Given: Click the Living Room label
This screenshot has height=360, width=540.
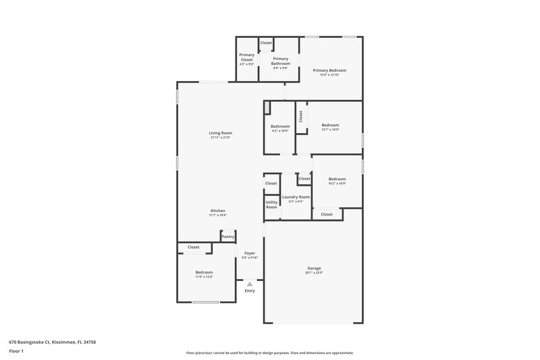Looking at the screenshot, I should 220,133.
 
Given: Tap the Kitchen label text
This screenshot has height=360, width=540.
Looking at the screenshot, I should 217,211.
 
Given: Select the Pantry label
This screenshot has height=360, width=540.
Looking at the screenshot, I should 228,236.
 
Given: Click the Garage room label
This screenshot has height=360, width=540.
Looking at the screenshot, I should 314,268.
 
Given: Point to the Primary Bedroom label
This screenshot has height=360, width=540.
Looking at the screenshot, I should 329,70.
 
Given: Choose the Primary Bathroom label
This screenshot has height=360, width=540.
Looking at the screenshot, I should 280,61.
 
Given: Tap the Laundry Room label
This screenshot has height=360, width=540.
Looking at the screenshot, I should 296,197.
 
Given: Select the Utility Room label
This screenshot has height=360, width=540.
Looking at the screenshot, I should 271,205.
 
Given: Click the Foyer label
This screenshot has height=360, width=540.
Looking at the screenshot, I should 250,253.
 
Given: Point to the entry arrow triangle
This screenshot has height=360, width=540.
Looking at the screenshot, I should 250,284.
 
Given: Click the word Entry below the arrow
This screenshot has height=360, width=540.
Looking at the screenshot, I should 250,290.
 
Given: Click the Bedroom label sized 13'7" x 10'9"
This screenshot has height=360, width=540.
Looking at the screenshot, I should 330,125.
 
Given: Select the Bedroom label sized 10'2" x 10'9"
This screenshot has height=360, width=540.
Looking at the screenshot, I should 337,179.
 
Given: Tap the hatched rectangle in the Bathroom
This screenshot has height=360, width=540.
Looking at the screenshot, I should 267,107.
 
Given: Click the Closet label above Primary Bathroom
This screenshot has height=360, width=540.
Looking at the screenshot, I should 266,43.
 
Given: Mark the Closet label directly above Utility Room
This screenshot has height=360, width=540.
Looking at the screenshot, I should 271,183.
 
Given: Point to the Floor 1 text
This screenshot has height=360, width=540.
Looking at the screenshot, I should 16,352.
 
